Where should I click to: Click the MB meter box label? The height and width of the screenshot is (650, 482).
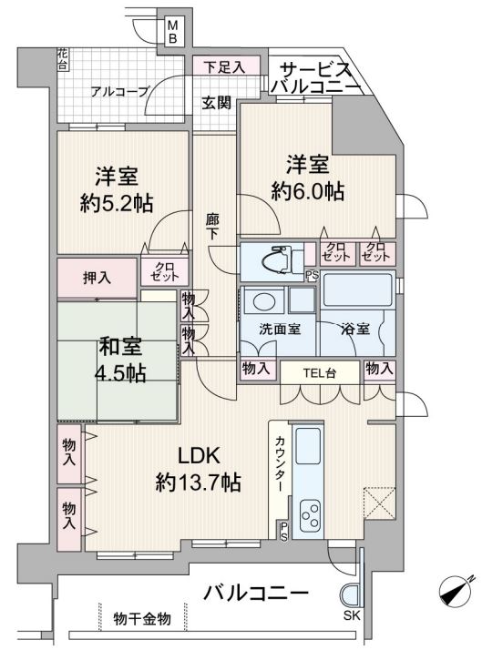[172, 32]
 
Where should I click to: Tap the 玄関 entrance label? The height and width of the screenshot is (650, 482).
[217, 102]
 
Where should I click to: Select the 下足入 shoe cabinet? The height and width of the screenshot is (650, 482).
[226, 66]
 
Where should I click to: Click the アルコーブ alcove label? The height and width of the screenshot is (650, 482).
[120, 91]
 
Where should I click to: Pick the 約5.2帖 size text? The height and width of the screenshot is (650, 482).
[117, 203]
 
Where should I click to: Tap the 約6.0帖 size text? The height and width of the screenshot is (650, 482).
[307, 191]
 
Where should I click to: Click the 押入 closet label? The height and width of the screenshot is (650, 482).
[97, 278]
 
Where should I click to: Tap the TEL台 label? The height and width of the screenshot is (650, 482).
[320, 373]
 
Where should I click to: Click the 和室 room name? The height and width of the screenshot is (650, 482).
[120, 347]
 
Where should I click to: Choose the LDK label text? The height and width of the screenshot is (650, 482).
[199, 455]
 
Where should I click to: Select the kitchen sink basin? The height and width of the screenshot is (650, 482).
[308, 446]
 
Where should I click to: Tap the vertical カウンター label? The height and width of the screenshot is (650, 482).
[281, 463]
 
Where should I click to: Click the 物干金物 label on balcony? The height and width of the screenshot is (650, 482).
[142, 619]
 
